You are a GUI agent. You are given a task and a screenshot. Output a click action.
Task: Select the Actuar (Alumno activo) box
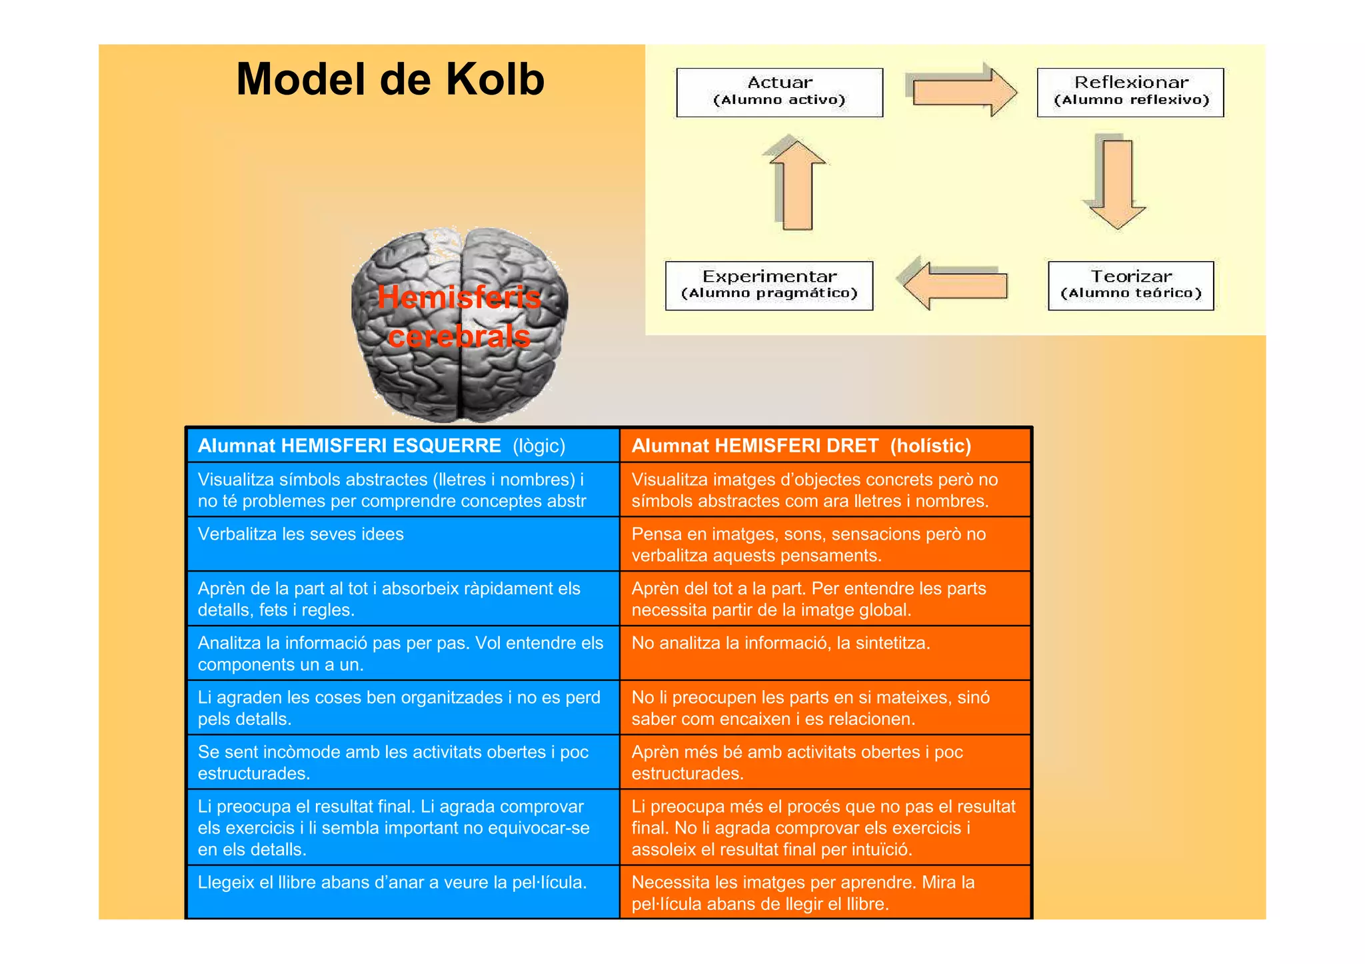coord(779,92)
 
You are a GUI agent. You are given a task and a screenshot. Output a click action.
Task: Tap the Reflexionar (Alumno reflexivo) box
coord(1130,92)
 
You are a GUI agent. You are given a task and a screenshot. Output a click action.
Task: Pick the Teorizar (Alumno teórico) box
coord(1130,285)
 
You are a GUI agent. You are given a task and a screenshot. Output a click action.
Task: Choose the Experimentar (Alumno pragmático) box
coord(768,285)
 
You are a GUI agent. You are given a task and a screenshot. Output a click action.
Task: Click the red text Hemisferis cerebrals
coord(459,316)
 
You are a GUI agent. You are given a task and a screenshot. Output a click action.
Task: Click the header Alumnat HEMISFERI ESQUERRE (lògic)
coord(381,446)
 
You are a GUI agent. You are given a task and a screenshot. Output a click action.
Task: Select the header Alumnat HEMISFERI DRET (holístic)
coord(801,446)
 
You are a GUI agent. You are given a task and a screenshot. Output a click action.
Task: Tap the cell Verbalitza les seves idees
coord(301,534)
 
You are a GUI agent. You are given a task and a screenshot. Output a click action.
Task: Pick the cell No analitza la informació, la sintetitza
coord(780,643)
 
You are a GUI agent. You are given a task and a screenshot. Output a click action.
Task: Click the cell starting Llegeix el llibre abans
coord(392,883)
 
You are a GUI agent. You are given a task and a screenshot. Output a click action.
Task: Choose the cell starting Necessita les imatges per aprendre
coord(802,893)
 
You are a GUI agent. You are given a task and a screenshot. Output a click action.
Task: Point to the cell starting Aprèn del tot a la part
coord(808,599)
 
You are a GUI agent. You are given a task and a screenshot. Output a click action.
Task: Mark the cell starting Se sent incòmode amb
coord(393,762)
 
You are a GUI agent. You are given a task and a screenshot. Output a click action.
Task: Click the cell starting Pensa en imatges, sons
coord(808,544)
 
